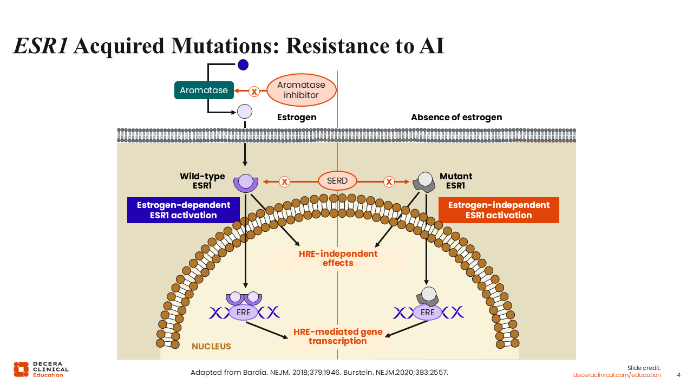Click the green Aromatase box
click(204, 90)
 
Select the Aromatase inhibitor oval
click(301, 90)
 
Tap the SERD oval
click(337, 181)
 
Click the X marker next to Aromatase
click(254, 91)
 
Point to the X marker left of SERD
click(284, 181)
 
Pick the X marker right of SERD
click(389, 181)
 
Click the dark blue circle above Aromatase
click(243, 65)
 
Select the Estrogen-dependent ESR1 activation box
click(184, 210)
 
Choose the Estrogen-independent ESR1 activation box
click(499, 210)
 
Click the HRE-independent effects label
click(338, 258)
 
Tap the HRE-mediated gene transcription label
click(338, 336)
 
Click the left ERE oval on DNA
click(244, 312)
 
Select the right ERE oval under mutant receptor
click(427, 312)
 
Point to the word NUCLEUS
click(211, 347)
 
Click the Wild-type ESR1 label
click(195, 181)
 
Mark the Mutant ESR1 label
click(455, 181)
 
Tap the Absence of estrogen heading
click(456, 118)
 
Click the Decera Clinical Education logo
click(41, 369)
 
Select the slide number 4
click(679, 375)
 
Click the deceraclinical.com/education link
click(617, 375)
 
